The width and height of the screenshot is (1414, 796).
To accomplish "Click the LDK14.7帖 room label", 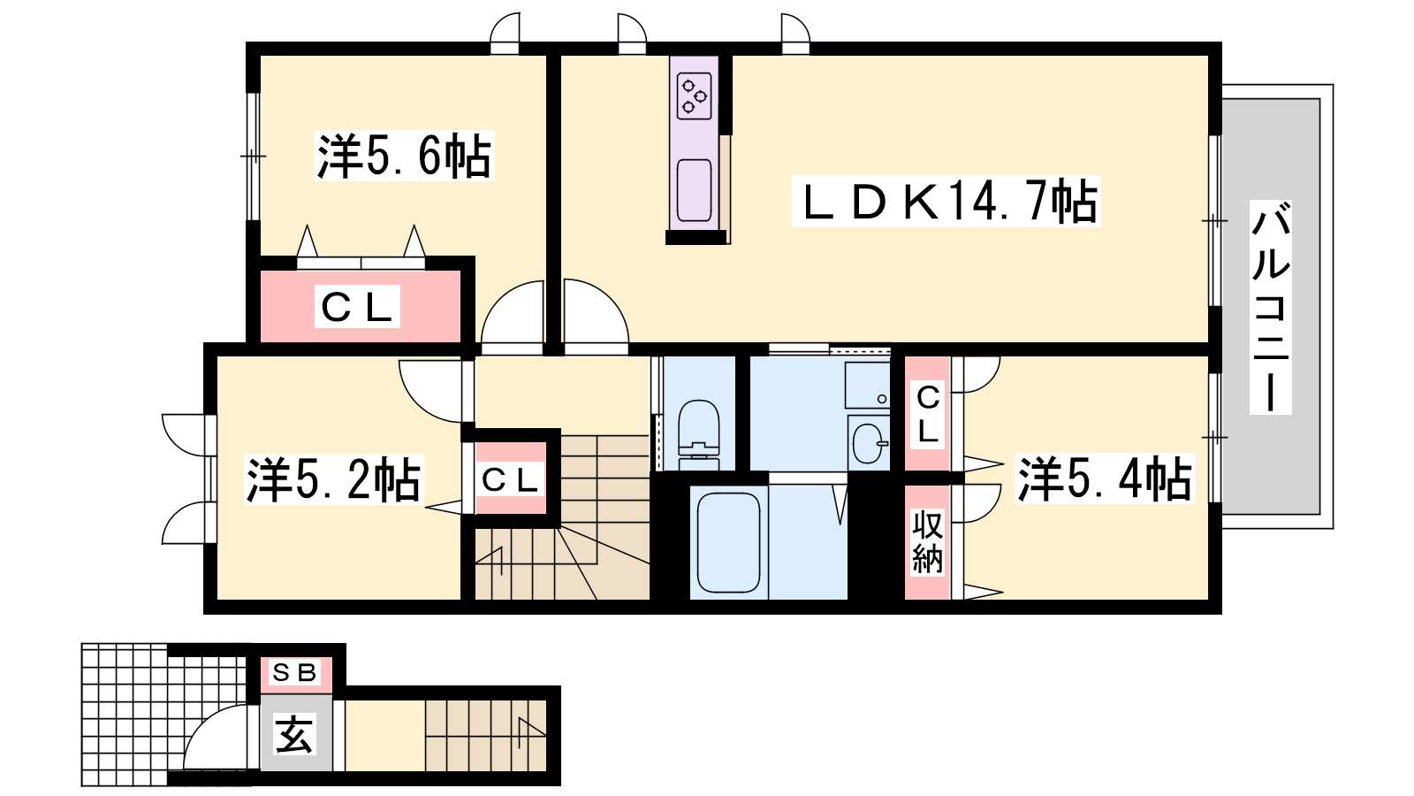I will click(946, 202).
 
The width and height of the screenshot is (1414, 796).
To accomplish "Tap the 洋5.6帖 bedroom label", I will click(404, 157).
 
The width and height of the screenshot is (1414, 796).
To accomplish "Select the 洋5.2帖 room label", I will click(333, 480).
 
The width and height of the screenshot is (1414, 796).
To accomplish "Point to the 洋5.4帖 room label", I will click(1105, 478).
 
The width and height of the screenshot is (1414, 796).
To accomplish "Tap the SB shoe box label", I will click(294, 674).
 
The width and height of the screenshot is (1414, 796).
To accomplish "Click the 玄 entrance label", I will click(294, 735).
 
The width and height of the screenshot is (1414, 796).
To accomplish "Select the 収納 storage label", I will click(927, 542).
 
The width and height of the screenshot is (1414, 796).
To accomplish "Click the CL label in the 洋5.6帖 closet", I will click(357, 307).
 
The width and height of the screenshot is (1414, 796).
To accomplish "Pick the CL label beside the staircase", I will click(510, 480).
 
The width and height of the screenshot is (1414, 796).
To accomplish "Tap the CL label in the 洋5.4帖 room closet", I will click(927, 413).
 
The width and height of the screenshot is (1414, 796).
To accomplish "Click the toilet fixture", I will click(699, 433).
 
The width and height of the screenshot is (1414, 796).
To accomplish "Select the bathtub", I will click(728, 542).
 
